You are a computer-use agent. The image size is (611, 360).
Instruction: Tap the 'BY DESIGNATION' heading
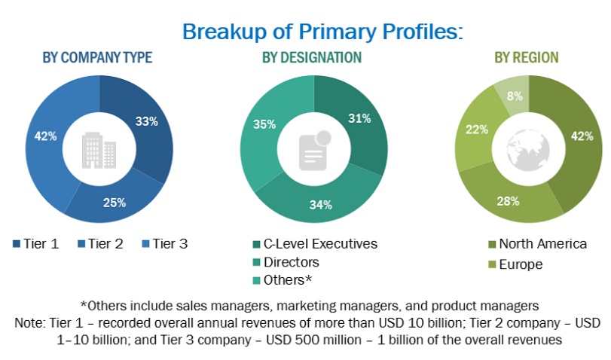click(311, 57)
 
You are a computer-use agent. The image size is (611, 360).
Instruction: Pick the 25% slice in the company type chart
click(114, 201)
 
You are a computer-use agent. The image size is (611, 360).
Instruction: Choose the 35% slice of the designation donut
click(263, 125)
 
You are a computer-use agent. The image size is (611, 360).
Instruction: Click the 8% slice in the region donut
click(513, 96)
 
